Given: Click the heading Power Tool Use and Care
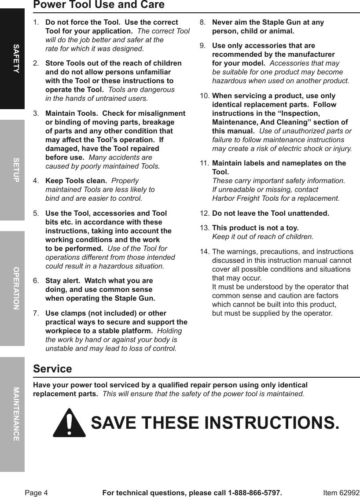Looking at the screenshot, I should click(99, 5).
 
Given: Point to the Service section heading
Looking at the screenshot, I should click(52, 369).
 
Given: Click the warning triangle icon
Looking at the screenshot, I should click(69, 423).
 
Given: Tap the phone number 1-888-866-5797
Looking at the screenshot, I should click(254, 493).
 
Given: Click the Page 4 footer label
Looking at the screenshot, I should click(36, 493).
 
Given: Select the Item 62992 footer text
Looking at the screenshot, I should click(341, 493).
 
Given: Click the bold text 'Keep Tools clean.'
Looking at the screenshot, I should click(76, 181).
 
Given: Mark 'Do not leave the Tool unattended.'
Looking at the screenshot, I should click(270, 214).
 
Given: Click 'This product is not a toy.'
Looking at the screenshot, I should click(255, 228).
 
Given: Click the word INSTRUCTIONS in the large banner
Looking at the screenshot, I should click(272, 423).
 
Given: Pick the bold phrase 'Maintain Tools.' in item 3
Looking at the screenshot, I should click(71, 114).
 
